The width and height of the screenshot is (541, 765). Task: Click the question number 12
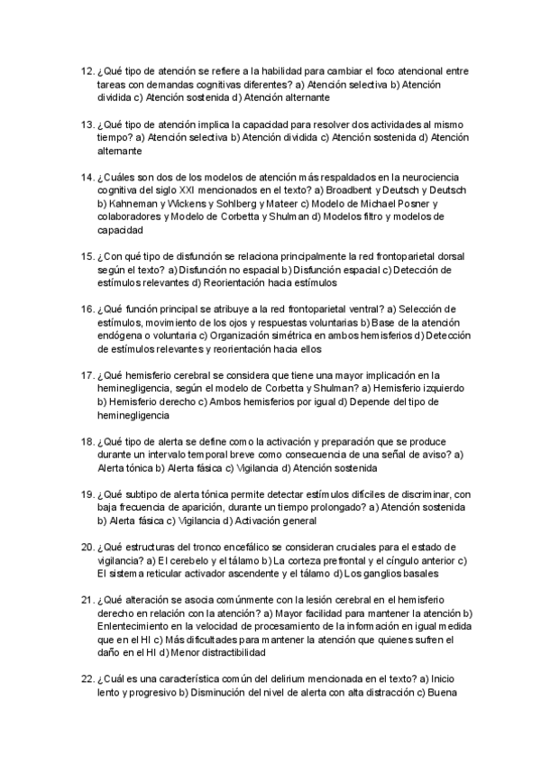tap(87, 71)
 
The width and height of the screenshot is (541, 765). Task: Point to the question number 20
tap(87, 547)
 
